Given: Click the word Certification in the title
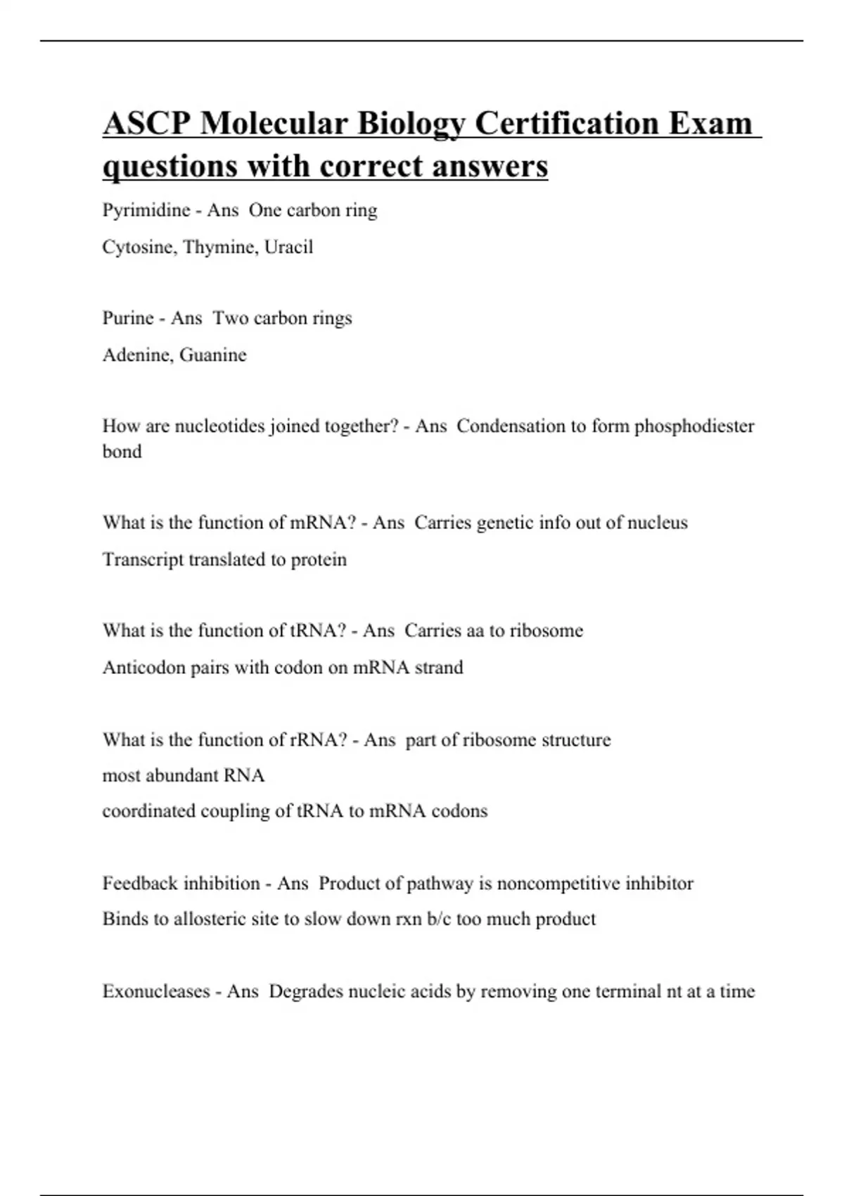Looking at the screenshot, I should pos(566,124).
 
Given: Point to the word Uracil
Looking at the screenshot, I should pos(288,247).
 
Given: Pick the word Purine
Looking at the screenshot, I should pos(128,318).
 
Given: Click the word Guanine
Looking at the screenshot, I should pos(213,355).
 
